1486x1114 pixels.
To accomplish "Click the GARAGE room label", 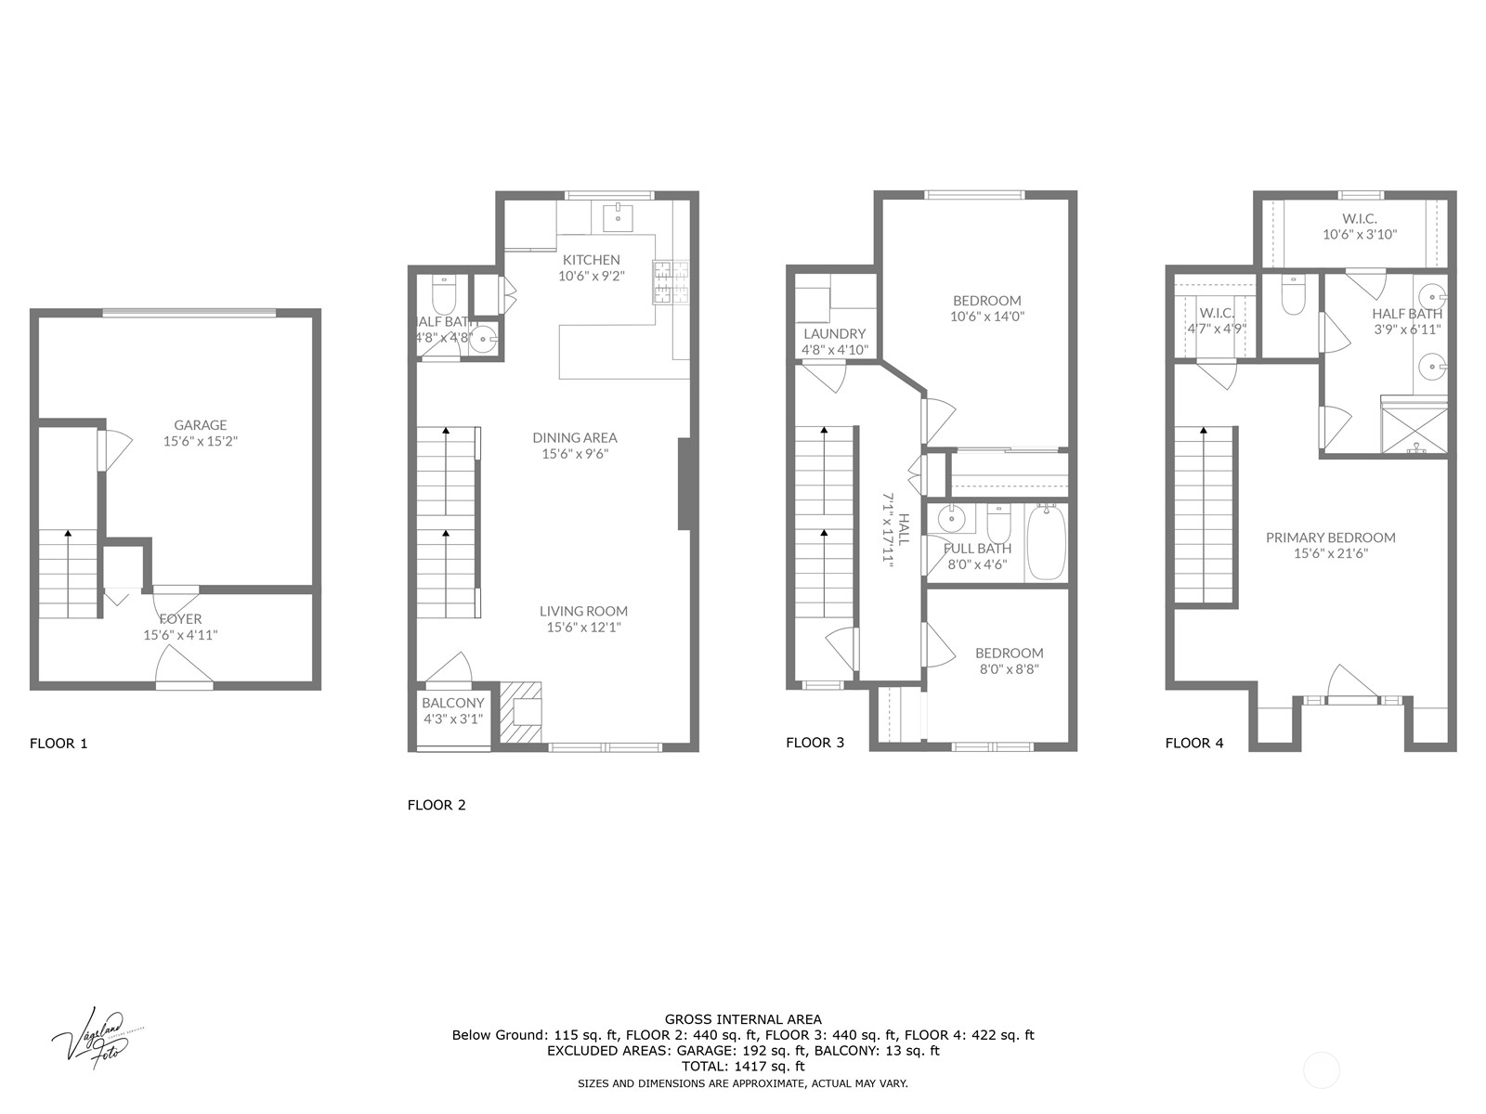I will [x=200, y=425].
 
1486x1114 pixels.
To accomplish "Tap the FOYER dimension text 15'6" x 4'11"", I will [x=180, y=636].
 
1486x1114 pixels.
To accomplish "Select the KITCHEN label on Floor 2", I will [x=591, y=260].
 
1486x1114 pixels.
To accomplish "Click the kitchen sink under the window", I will [x=618, y=217].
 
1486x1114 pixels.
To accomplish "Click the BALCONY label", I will [x=452, y=703].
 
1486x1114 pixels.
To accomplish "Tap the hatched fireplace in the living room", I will [x=522, y=713].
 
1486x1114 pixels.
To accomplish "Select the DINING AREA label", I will [x=574, y=437].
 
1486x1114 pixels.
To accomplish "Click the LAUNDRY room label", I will [x=834, y=334].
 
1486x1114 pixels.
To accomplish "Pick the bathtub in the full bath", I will [x=1046, y=541].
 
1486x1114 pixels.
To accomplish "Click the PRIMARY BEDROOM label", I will [x=1330, y=538].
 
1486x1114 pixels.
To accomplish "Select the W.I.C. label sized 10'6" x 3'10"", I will [x=1359, y=219].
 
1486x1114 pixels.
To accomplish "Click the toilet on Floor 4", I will [x=1292, y=294].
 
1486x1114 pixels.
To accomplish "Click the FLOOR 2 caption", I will [x=437, y=805].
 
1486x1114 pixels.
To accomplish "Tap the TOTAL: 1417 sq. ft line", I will [x=742, y=1067].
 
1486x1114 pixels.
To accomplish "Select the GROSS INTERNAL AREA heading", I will [x=742, y=1019].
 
